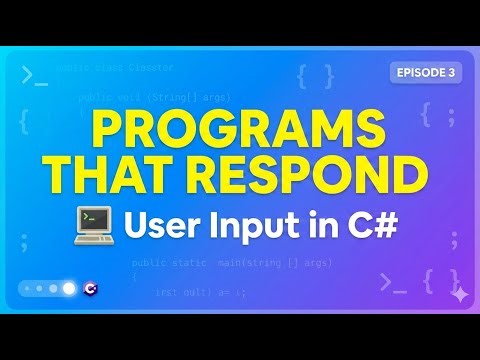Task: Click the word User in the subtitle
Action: click(161, 225)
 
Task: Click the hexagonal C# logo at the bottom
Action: click(92, 288)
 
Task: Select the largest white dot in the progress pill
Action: click(69, 288)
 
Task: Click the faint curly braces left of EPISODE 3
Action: click(315, 76)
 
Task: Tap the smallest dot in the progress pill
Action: click(27, 288)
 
